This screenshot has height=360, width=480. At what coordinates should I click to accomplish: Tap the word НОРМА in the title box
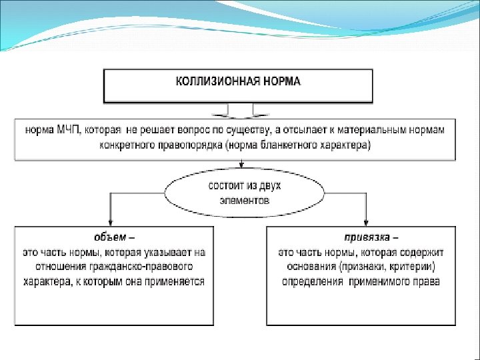281,81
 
